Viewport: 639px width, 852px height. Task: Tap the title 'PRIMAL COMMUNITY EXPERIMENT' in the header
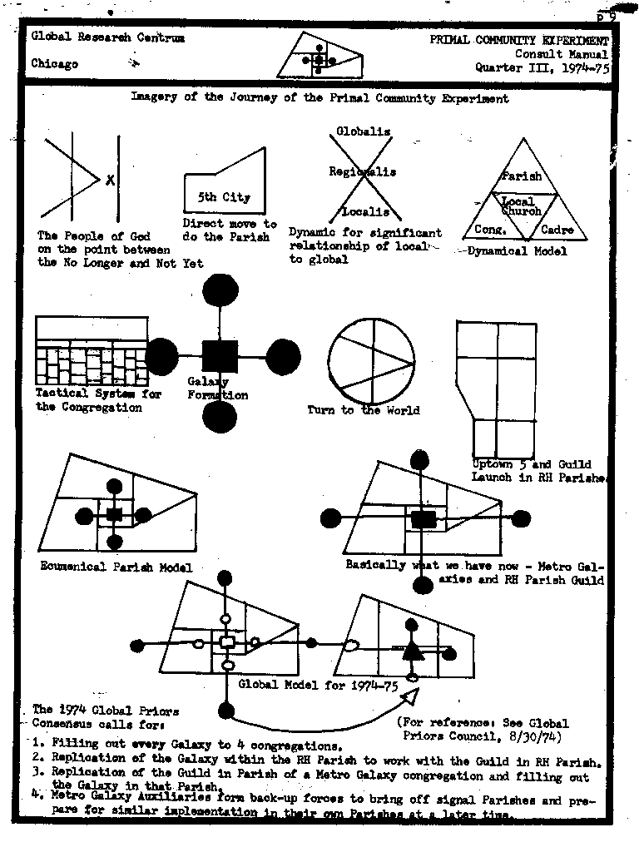(x=519, y=40)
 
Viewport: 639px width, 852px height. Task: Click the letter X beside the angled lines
(x=110, y=179)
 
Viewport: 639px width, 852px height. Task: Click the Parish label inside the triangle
(x=522, y=176)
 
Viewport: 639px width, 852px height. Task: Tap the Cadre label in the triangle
(x=557, y=230)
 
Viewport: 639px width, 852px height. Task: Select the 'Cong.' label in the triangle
(x=491, y=229)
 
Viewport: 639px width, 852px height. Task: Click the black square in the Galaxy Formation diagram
(x=220, y=356)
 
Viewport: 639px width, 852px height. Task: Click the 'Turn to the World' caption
(x=364, y=409)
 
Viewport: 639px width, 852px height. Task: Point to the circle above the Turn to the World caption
(x=370, y=360)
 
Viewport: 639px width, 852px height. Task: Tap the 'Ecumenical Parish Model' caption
(x=116, y=567)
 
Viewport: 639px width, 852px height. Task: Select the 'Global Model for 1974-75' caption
(x=318, y=686)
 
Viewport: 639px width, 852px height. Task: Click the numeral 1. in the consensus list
(x=38, y=743)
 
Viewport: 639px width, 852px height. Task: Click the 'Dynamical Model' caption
(x=518, y=250)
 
